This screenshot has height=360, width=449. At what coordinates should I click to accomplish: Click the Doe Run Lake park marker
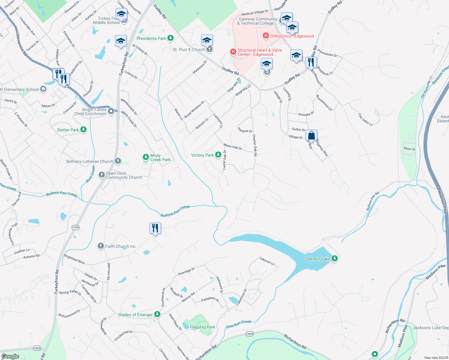(x=334, y=258)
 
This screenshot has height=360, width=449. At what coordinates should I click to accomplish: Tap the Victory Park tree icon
(x=218, y=155)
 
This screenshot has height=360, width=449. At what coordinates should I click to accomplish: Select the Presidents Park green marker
(x=170, y=38)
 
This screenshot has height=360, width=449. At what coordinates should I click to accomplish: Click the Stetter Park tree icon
(x=83, y=130)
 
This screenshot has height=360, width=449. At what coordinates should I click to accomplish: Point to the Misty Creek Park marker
(x=146, y=157)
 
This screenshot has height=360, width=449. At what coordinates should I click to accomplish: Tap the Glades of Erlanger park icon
(x=157, y=314)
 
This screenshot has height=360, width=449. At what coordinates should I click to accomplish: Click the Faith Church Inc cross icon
(x=101, y=246)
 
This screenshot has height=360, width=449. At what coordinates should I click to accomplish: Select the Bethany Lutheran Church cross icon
(x=118, y=161)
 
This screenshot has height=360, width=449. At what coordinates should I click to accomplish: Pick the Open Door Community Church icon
(x=102, y=175)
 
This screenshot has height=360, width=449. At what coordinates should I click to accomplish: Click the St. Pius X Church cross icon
(x=209, y=49)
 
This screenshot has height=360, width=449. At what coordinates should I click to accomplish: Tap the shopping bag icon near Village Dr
(x=312, y=135)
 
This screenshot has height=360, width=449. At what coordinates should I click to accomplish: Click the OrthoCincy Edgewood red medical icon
(x=266, y=36)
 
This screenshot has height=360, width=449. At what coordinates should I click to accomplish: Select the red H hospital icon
(x=233, y=52)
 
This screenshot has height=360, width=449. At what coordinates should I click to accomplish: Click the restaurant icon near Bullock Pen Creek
(x=155, y=228)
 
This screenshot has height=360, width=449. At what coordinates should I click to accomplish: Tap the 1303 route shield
(x=76, y=227)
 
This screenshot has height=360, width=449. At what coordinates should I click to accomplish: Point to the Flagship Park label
(x=203, y=327)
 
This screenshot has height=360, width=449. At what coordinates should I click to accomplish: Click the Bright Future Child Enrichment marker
(x=111, y=111)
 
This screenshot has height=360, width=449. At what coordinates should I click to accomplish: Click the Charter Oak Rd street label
(x=255, y=145)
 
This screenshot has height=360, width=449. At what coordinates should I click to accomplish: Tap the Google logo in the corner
(x=10, y=356)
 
